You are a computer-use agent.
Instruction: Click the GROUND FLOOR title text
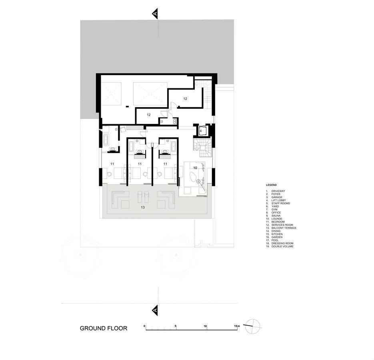point(103,328)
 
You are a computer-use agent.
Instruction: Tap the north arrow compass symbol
point(252,326)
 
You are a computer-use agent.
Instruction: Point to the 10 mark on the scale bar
point(205,326)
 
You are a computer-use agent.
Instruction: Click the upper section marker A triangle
point(155,14)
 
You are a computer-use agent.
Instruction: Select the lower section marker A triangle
point(155,310)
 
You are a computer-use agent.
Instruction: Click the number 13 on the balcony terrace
point(143,207)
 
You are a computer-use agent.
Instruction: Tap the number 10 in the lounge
point(195,168)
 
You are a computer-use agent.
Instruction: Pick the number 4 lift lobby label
point(200,131)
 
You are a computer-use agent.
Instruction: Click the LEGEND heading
point(271,185)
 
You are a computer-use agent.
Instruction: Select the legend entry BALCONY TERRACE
point(284,228)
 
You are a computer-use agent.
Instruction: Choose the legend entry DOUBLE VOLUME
point(282,247)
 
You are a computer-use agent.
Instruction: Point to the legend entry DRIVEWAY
point(278,191)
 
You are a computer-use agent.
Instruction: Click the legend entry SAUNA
point(276,216)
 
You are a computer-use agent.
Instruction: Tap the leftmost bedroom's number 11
point(112,164)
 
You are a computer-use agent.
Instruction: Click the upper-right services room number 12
point(185,99)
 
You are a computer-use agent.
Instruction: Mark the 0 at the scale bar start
point(144,326)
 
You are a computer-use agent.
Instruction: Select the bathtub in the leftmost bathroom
point(106,140)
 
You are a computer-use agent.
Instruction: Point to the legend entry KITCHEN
point(277,234)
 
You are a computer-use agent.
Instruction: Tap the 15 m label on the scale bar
point(236,326)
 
